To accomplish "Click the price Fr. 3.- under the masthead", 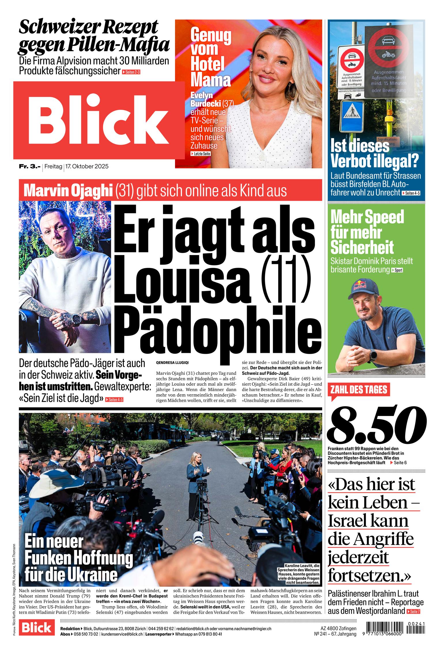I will (30, 166).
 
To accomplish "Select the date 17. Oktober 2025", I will (87, 166).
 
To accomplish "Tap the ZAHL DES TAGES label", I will (359, 390).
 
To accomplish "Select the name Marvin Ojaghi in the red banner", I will (68, 190).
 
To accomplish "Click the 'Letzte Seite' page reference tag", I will (201, 154).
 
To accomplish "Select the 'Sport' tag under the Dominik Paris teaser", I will (397, 270).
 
